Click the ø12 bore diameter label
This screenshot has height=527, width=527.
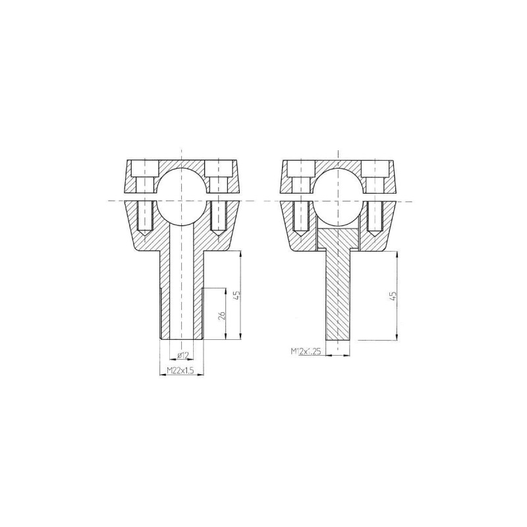pyautogui.click(x=183, y=355)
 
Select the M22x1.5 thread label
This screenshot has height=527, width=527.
pyautogui.click(x=180, y=370)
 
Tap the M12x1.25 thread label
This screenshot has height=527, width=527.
pyautogui.click(x=306, y=351)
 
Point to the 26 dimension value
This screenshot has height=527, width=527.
pyautogui.click(x=221, y=315)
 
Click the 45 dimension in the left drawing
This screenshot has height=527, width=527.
pyautogui.click(x=236, y=295)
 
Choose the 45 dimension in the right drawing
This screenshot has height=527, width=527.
pyautogui.click(x=393, y=296)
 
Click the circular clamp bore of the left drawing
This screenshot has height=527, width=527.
pyautogui.click(x=181, y=202)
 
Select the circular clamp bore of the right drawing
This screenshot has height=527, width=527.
pyautogui.click(x=338, y=202)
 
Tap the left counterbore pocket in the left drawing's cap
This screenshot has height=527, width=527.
pyautogui.click(x=145, y=169)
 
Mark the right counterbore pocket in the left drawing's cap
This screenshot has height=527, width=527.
pyautogui.click(x=218, y=169)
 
